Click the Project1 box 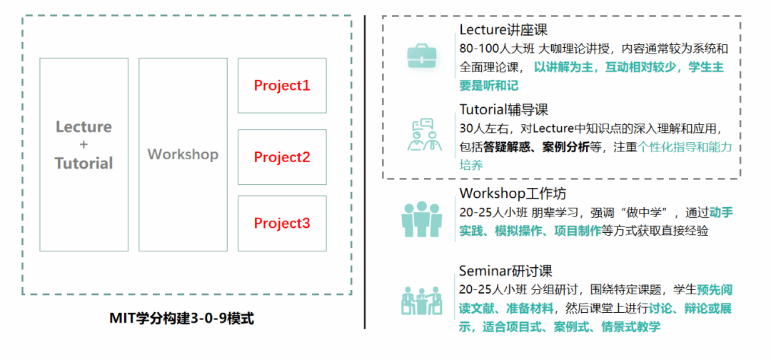click(282, 86)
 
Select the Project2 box click(282, 157)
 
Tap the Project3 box click(282, 224)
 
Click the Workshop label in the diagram click(183, 154)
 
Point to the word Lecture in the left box click(84, 127)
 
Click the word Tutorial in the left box click(84, 164)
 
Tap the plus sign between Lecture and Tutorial click(84, 145)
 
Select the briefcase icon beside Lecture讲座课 click(421, 56)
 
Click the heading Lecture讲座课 click(503, 29)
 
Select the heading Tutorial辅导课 click(503, 110)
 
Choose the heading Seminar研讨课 click(505, 271)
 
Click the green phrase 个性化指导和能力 click(685, 147)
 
